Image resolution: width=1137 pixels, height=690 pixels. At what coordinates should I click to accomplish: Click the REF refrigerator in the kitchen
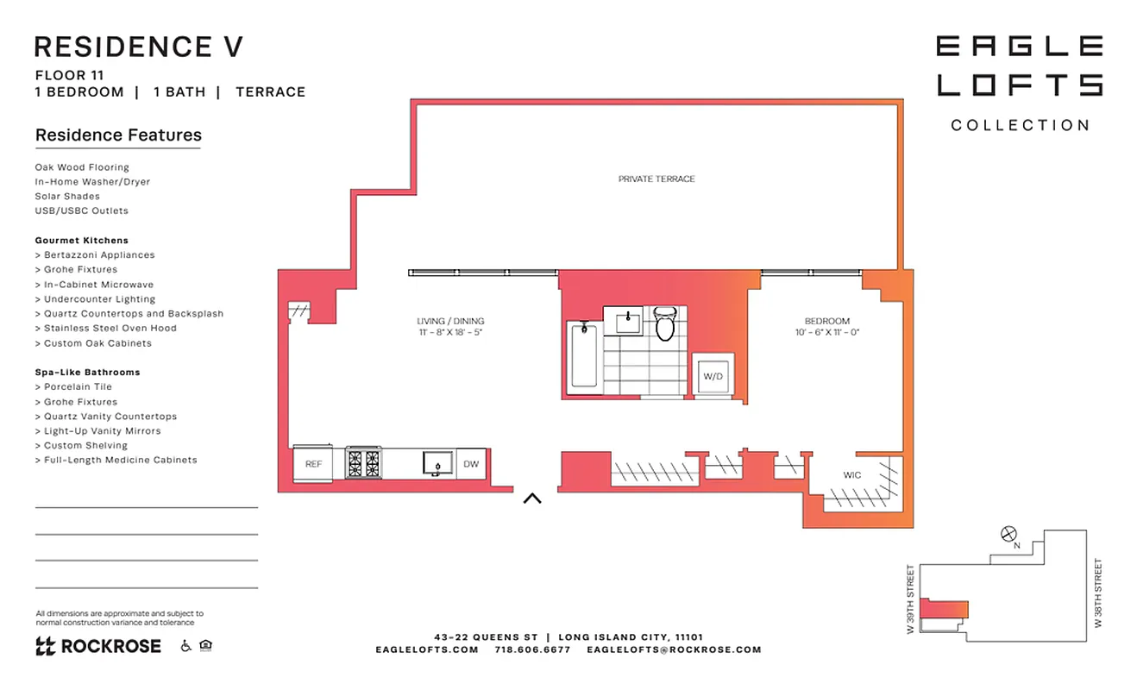313,464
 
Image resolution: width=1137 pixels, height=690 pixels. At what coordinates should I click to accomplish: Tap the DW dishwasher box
470,464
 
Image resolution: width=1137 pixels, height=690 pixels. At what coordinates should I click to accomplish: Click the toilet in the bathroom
664,324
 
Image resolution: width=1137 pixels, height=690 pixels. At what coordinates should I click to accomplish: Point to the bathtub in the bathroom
584,354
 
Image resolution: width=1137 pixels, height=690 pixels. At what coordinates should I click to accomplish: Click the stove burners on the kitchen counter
363,463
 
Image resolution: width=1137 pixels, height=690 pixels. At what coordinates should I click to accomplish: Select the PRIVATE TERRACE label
656,179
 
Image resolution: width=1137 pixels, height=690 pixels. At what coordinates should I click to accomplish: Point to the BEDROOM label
826,322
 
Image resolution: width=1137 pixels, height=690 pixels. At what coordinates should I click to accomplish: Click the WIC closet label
851,475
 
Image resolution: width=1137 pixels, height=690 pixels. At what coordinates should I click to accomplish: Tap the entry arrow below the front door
532,498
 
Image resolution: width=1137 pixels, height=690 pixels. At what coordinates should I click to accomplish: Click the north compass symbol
1008,535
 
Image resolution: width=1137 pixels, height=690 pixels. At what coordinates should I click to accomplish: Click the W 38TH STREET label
1098,593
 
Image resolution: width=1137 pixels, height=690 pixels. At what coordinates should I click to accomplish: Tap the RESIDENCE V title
138,47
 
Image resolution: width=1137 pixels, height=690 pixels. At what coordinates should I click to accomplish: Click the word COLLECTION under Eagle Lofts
1020,126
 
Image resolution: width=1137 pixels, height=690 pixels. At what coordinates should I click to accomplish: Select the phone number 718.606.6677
532,650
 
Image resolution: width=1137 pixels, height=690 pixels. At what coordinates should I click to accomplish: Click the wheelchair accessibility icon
185,645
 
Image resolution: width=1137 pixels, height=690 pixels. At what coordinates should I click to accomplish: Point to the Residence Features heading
118,135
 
